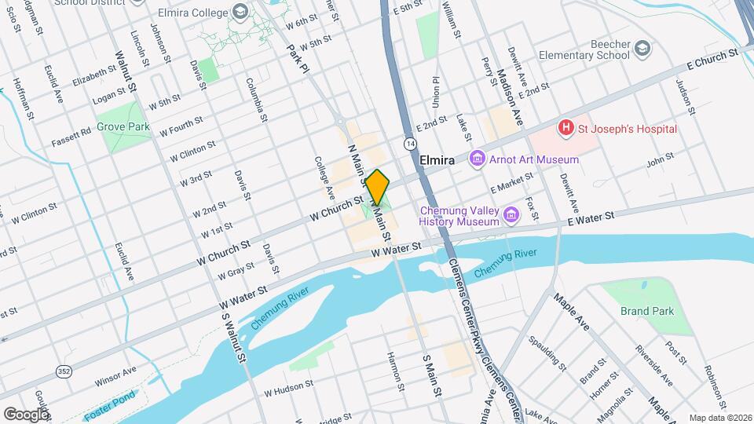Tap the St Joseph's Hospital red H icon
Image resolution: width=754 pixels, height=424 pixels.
(564, 127)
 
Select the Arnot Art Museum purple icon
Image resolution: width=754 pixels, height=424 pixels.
(476, 159)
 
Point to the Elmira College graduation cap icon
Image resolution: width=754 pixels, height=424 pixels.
(240, 13)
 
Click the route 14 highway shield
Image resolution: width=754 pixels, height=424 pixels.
(410, 144)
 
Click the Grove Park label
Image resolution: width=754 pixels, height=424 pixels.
(123, 126)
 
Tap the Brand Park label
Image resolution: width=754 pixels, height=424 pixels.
(646, 311)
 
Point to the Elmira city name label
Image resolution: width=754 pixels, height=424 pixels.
(437, 159)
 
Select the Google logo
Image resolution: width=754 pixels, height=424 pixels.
(26, 414)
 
